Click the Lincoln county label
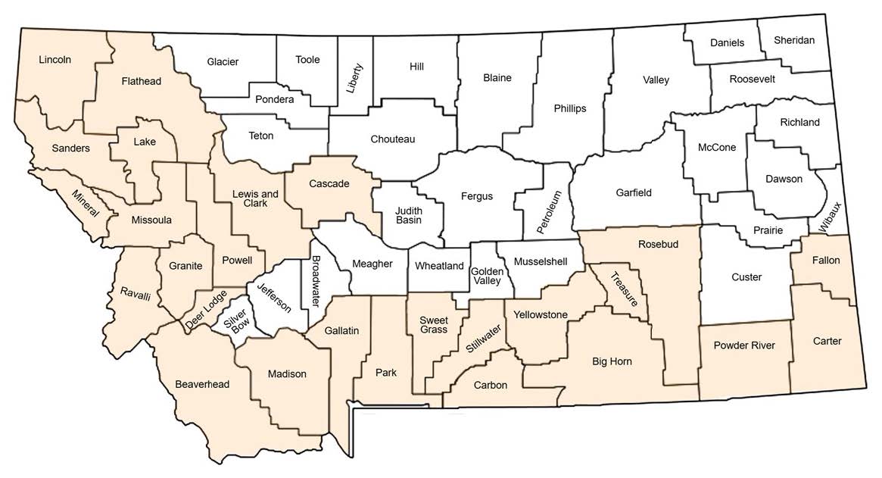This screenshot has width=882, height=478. [x=55, y=59]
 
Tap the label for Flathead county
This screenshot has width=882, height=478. [x=142, y=81]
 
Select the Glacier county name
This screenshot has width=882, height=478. [x=223, y=61]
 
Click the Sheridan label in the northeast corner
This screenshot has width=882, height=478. [x=794, y=40]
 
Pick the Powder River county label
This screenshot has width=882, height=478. [x=744, y=345]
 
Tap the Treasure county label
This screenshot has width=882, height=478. [x=626, y=289]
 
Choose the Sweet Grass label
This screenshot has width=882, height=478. [x=435, y=323]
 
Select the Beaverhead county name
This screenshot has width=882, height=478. [x=201, y=384]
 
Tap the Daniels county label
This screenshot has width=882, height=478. [x=727, y=43]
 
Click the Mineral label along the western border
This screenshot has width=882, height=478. [x=86, y=203]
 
